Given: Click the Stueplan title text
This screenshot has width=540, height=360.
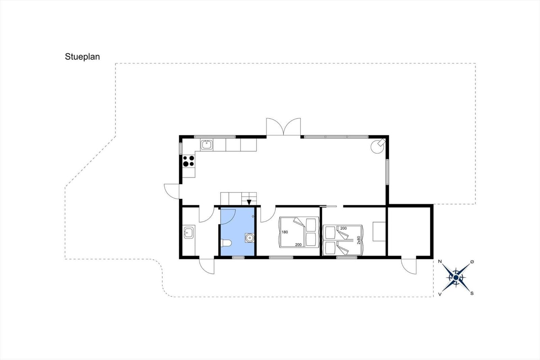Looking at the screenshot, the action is [82, 57].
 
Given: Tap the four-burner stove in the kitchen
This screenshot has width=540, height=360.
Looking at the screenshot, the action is [189, 161].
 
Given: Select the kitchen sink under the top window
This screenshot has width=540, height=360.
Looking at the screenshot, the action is [207, 145].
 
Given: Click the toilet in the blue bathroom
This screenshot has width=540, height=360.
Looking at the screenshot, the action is [226, 243].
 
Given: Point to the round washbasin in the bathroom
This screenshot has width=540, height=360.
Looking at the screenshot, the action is [250, 238].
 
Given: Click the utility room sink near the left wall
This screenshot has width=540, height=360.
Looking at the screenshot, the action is [189, 232].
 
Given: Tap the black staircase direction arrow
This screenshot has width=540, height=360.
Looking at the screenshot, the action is [249, 202].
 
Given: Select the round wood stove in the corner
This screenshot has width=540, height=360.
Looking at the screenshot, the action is [378, 146].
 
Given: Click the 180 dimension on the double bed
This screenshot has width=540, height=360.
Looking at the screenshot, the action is [285, 232].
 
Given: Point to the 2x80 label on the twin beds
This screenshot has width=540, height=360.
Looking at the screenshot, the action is [359, 240].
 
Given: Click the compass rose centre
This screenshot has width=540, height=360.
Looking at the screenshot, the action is [456, 278].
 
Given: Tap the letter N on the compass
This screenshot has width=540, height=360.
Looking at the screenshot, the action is [440, 261].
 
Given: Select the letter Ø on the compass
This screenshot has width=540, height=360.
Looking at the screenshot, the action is [472, 262].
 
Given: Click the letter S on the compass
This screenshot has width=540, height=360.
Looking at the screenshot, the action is [472, 293].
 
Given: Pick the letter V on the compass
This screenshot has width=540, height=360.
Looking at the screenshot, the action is [440, 294].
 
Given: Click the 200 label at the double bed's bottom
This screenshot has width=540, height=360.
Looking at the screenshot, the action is [298, 245].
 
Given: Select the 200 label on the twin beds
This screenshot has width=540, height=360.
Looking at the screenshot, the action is [343, 228].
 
